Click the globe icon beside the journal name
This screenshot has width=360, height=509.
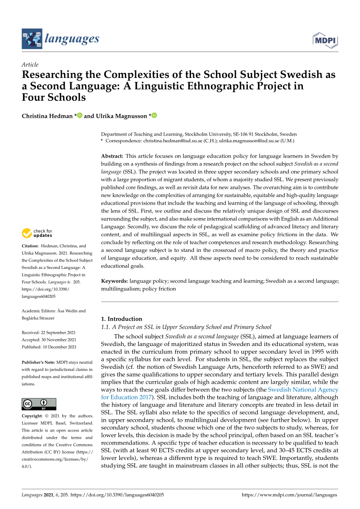coord(32,39)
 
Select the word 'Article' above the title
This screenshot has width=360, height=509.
coord(30,65)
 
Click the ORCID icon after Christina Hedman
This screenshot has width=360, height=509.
coord(79,116)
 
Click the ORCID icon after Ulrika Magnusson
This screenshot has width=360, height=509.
coord(154,116)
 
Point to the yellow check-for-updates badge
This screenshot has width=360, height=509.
coord(27,233)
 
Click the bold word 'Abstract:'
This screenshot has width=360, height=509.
coord(112,156)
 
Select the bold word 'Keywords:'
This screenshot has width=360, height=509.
coord(114,281)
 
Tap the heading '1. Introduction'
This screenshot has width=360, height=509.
coord(122,319)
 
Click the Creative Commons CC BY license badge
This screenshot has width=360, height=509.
coord(39,404)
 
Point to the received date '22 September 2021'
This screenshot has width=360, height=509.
coord(58,332)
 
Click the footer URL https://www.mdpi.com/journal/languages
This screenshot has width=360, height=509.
coord(289,495)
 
